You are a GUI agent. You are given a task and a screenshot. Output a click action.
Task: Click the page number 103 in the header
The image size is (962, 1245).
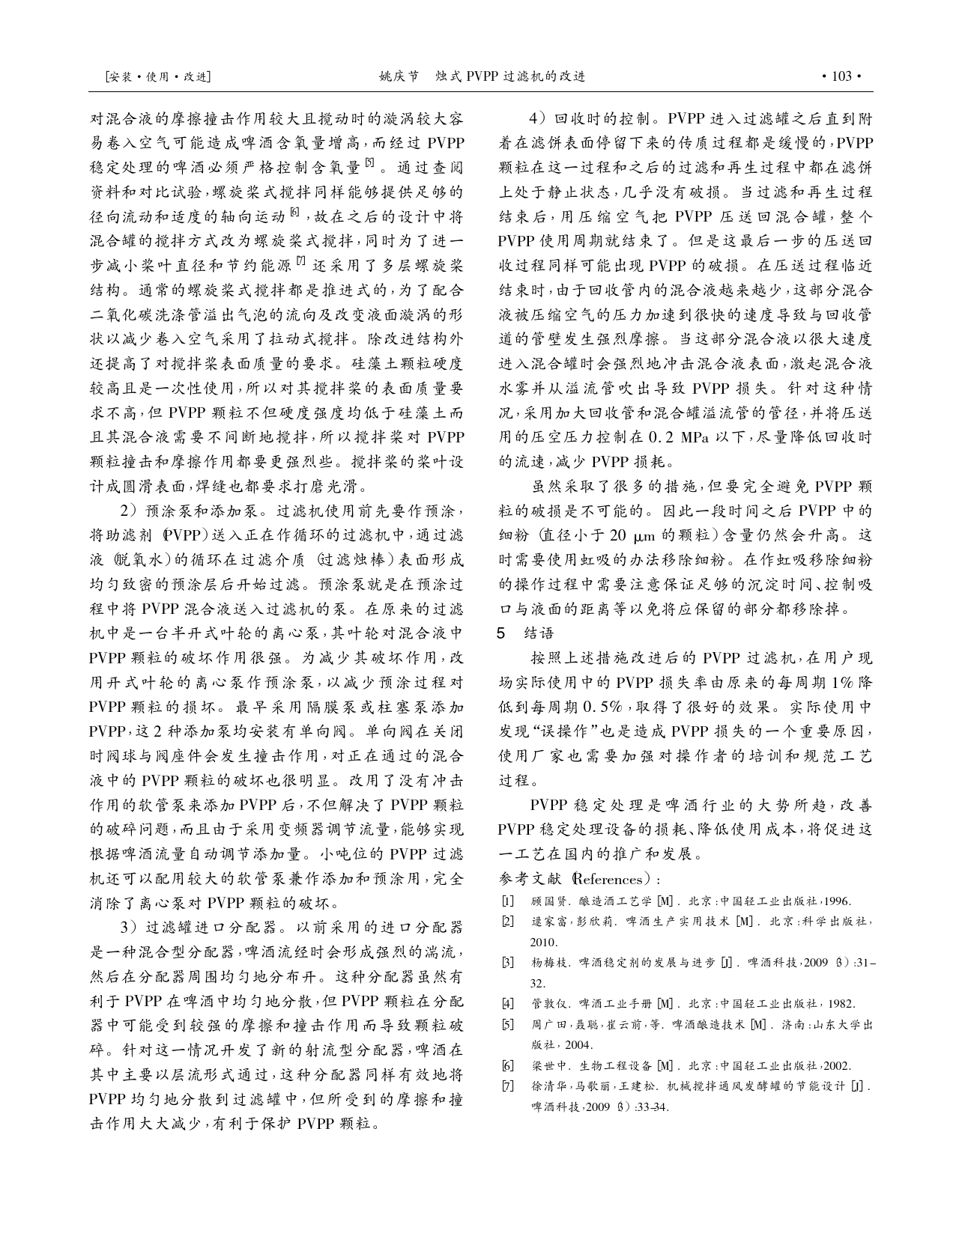pyautogui.click(x=841, y=76)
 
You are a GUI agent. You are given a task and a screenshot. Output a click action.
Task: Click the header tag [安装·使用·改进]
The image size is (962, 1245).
pyautogui.click(x=158, y=76)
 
